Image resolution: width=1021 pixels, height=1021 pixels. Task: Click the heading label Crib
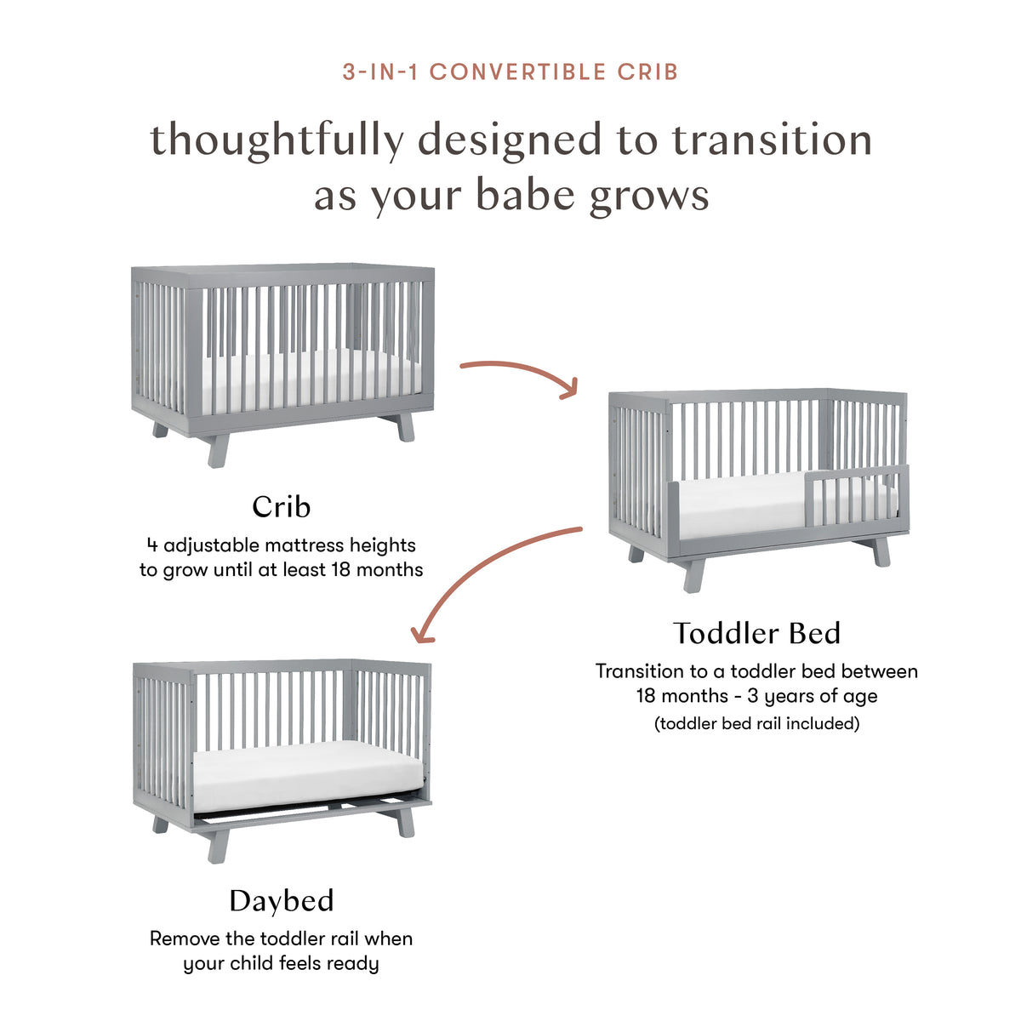coord(282,507)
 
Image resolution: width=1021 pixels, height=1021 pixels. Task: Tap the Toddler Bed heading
coord(756,634)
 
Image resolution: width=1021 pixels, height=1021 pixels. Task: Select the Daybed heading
coord(282,901)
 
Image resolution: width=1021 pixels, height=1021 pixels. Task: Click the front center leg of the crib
coord(219,450)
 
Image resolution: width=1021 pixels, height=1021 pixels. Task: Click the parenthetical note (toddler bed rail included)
coord(756,723)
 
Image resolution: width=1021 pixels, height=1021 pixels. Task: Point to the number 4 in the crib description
coord(151,545)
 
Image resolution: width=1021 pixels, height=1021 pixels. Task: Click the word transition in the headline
coord(772,140)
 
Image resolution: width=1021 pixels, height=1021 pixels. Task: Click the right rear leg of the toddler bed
coord(879,550)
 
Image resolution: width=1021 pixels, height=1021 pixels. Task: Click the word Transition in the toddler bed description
coord(639,671)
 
